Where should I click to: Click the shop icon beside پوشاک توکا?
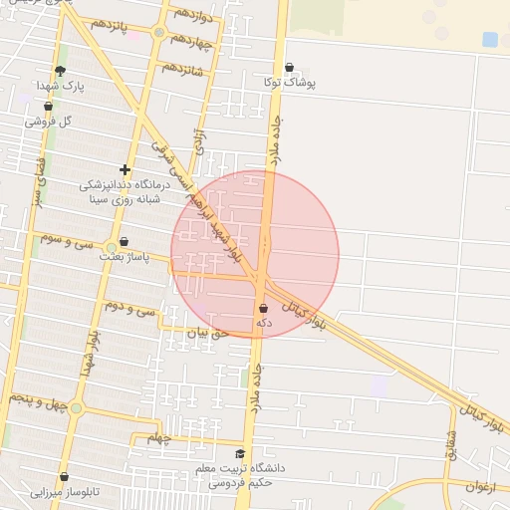coord(289,68)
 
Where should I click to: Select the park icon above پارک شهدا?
coord(61,71)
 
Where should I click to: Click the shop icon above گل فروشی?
coord(48,106)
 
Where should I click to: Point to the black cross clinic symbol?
coord(125,169)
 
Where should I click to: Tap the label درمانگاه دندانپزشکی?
coord(125,185)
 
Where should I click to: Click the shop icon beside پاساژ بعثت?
coord(124,241)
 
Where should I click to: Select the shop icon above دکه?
coord(263,309)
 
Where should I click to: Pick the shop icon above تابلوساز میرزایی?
coord(64,477)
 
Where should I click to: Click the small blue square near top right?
coord(490,40)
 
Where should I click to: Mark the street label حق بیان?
coord(209,334)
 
